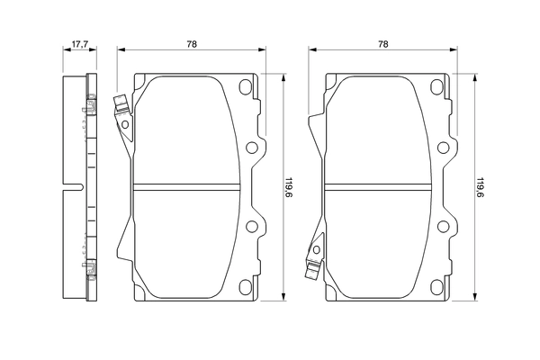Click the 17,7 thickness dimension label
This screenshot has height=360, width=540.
tap(79, 43)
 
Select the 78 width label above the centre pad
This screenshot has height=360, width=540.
tap(193, 43)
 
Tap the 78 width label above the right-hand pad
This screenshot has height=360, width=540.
tap(383, 43)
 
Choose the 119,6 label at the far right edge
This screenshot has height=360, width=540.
tap(480, 186)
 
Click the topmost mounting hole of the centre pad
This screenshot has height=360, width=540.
tap(245, 88)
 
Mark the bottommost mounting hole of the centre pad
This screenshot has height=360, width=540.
tap(245, 284)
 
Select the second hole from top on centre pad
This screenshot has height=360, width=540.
tap(252, 148)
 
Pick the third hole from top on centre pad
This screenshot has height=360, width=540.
tap(252, 226)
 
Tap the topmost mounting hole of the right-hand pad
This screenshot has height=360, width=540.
tap(436, 88)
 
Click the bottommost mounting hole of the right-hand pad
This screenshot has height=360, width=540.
tap(436, 284)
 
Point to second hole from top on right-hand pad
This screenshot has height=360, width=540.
tap(444, 148)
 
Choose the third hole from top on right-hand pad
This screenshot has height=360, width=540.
tap(444, 226)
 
